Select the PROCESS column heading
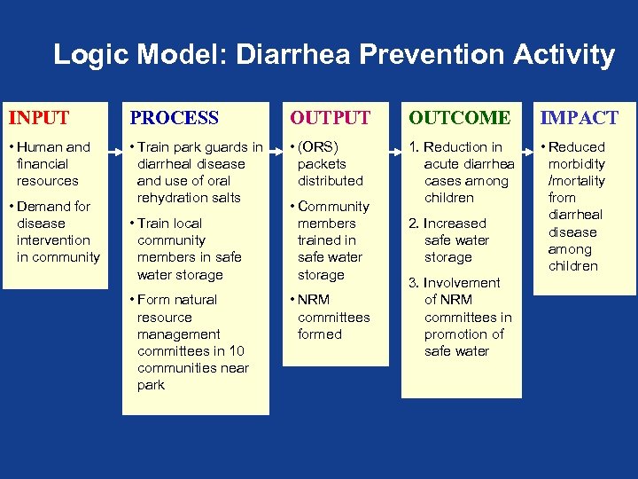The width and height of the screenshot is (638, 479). tap(175, 117)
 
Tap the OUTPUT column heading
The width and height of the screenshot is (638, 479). tap(331, 117)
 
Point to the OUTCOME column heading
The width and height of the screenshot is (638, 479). tap(459, 117)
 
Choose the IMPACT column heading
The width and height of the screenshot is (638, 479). tap(581, 117)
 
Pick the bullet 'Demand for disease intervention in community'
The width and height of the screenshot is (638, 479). tap(55, 232)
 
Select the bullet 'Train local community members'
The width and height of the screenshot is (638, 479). tap(189, 248)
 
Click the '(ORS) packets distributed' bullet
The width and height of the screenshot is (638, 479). tap(328, 164)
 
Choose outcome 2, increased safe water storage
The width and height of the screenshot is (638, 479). tap(452, 240)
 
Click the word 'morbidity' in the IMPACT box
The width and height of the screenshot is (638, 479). tap(577, 164)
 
